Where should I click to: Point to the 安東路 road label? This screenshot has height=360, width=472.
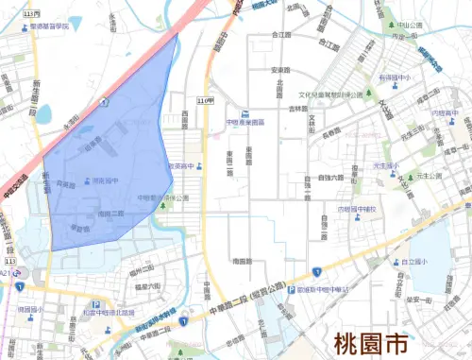pyautogui.click(x=278, y=70)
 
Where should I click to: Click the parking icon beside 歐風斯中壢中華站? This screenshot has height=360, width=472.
pyautogui.click(x=292, y=290)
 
